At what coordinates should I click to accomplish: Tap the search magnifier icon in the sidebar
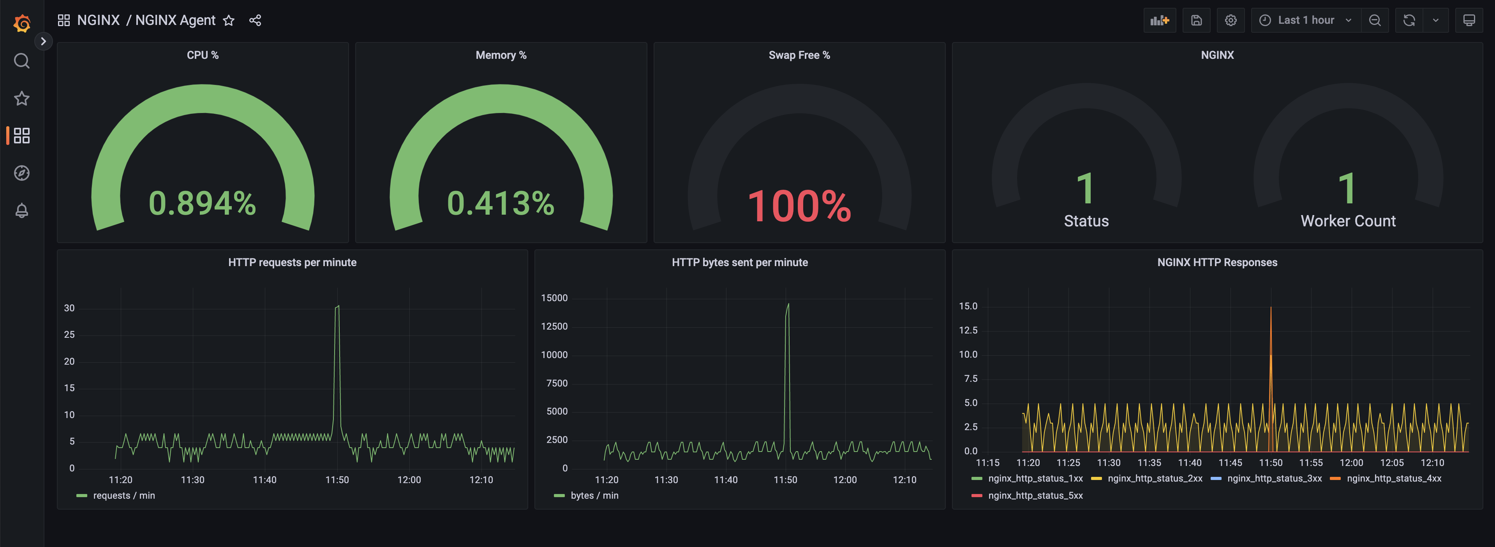pyautogui.click(x=21, y=61)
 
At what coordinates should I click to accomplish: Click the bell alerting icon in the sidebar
pyautogui.click(x=21, y=210)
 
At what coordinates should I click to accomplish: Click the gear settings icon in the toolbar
pyautogui.click(x=1231, y=20)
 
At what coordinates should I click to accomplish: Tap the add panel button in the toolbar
pyautogui.click(x=1159, y=20)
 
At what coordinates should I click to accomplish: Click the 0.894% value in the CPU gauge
pyautogui.click(x=202, y=203)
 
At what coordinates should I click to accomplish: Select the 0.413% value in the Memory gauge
pyautogui.click(x=500, y=203)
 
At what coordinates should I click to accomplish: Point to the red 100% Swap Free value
pyautogui.click(x=799, y=206)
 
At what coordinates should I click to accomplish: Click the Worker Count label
pyautogui.click(x=1348, y=221)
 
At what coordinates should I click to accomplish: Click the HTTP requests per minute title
pyautogui.click(x=292, y=263)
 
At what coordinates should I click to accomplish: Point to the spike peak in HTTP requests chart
pyautogui.click(x=338, y=307)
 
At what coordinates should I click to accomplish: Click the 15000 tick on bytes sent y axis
pyautogui.click(x=554, y=298)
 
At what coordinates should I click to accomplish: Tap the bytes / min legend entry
pyautogui.click(x=594, y=495)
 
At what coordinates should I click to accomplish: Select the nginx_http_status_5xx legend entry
pyautogui.click(x=1035, y=495)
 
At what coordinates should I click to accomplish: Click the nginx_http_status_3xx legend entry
pyautogui.click(x=1274, y=478)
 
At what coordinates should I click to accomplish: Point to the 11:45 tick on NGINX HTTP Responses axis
pyautogui.click(x=1230, y=463)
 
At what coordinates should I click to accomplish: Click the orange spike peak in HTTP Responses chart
pyautogui.click(x=1270, y=308)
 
